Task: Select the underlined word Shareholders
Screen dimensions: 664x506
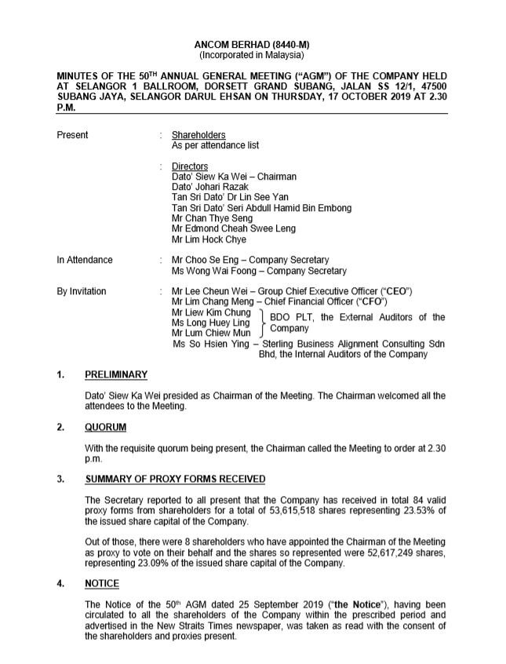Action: point(198,135)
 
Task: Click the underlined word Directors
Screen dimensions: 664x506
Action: point(190,166)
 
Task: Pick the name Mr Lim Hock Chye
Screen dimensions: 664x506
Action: point(209,239)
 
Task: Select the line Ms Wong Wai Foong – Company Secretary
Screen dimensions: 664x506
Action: point(259,271)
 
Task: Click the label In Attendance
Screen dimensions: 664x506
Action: point(85,260)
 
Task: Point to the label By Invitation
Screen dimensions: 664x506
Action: point(82,291)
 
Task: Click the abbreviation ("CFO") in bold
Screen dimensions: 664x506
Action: point(373,302)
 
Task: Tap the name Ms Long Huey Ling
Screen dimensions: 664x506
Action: point(211,323)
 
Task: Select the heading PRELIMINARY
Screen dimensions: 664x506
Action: point(116,374)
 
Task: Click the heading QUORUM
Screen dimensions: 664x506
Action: point(106,427)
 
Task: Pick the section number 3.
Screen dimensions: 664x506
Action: point(61,479)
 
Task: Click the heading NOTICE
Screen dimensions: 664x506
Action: point(102,583)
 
